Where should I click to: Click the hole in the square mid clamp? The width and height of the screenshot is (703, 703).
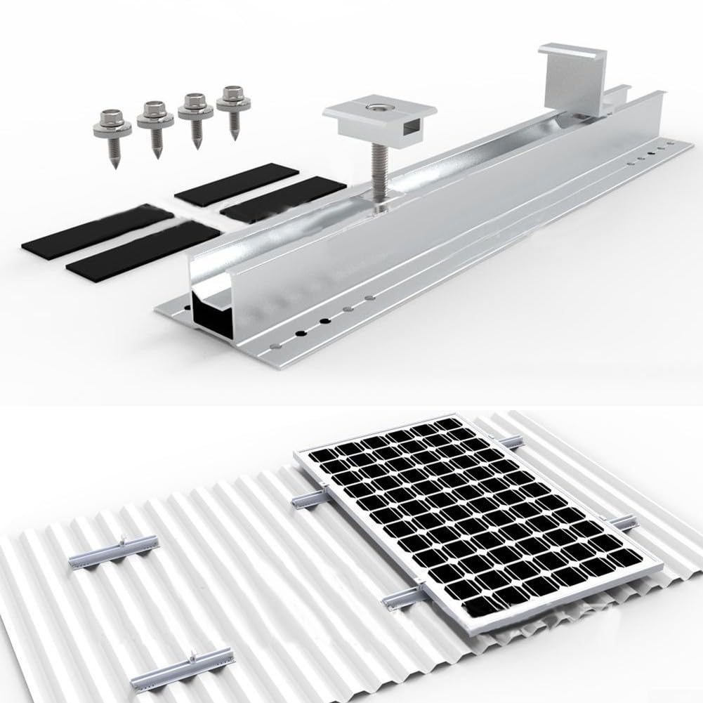click(379, 108)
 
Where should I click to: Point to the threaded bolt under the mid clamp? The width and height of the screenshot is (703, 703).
click(377, 176)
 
